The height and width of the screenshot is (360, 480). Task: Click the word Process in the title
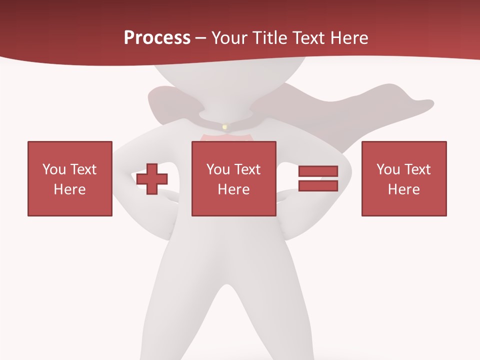157,38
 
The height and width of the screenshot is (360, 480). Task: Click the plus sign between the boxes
152,178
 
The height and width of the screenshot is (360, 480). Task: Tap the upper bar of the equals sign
318,171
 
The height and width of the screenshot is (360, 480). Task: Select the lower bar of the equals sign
318,185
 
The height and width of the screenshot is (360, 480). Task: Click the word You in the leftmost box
54,169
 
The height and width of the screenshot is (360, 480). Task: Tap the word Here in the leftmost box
69,189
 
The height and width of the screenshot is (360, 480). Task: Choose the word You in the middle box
218,169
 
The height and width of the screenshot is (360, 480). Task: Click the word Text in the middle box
247,169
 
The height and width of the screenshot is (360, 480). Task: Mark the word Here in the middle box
233,189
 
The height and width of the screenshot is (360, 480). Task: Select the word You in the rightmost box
388,169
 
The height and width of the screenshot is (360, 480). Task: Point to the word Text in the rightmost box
417,169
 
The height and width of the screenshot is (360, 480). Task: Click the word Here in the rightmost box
403,189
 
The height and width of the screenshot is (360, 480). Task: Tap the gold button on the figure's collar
224,127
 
